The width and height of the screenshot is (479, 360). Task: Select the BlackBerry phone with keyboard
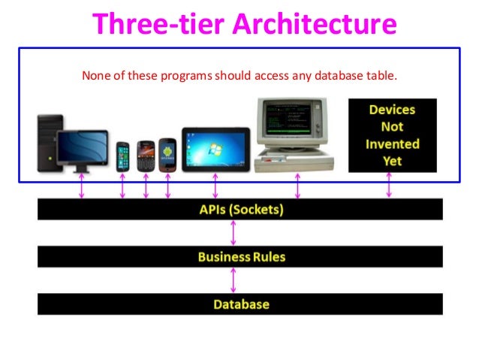coord(146,156)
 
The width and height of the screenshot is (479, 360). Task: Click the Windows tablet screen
coord(215,149)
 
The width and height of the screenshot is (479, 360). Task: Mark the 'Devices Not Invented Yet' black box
coord(392,135)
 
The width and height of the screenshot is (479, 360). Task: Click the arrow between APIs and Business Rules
coord(233,233)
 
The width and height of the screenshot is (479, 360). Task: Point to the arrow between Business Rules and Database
coord(233,280)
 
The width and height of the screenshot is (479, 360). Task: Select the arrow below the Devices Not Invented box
coord(388,185)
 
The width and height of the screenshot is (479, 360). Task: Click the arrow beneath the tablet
coord(215,186)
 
